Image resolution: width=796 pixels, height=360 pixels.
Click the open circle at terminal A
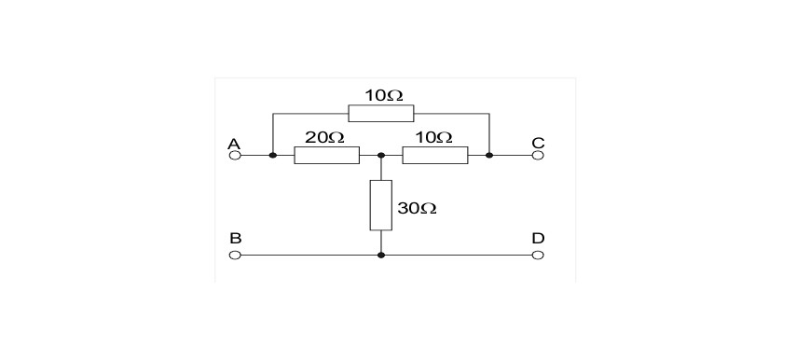(x=235, y=156)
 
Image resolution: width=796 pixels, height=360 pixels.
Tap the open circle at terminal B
(x=235, y=255)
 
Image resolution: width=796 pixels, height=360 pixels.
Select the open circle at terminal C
(x=538, y=156)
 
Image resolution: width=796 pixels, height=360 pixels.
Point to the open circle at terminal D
(x=538, y=255)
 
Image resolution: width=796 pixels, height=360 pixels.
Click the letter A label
(x=234, y=145)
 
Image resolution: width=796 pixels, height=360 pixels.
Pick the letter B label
(x=235, y=238)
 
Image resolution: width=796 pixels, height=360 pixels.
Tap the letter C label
(x=538, y=144)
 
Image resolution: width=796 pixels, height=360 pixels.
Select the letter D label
(x=538, y=238)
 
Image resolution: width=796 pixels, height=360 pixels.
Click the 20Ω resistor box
(x=327, y=156)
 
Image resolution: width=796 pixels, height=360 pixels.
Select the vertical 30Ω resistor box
(x=380, y=205)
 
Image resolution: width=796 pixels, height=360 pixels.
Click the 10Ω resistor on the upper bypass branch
(x=380, y=113)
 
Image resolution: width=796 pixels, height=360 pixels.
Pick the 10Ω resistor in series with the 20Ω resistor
(x=435, y=156)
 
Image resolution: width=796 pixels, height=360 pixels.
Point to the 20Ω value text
(x=324, y=138)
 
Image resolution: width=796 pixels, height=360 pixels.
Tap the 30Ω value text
(x=417, y=208)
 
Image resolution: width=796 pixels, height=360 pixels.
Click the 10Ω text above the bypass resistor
(x=384, y=95)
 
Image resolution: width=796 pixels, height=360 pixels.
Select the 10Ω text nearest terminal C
(x=433, y=138)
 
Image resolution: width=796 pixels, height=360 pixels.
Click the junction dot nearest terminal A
(x=272, y=156)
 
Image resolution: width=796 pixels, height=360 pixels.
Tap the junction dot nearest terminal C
(x=488, y=156)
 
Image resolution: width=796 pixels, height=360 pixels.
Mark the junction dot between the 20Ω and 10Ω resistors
(x=381, y=156)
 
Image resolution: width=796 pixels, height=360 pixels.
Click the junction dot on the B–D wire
(x=381, y=255)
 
